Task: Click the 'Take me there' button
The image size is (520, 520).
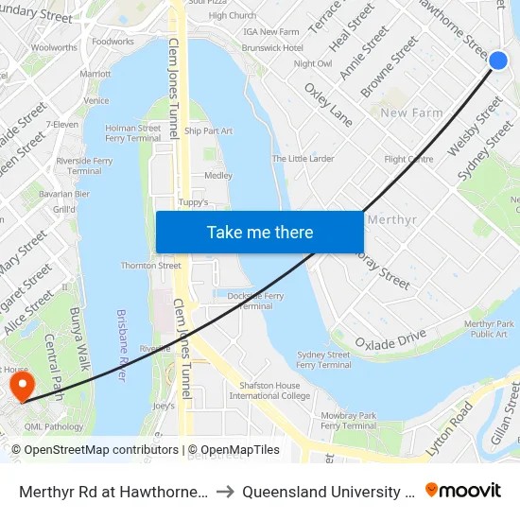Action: pos(260,233)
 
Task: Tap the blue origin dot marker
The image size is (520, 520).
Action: pos(498,61)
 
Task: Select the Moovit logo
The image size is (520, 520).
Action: pos(463,490)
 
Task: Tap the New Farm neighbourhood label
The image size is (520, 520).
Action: pos(411,113)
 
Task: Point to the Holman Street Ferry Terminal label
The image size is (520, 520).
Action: pos(132,133)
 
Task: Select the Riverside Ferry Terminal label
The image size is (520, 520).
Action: pos(84,166)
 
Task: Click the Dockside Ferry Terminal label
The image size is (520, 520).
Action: pos(255,301)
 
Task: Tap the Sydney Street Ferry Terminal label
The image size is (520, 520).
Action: pos(324,360)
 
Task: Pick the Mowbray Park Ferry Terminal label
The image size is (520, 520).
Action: pos(349,420)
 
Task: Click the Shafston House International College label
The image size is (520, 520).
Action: pos(276,390)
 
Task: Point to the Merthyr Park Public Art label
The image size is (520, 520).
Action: pos(489,329)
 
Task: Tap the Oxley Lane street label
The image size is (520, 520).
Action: pos(328,104)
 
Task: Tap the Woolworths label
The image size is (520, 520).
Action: pos(54,47)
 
